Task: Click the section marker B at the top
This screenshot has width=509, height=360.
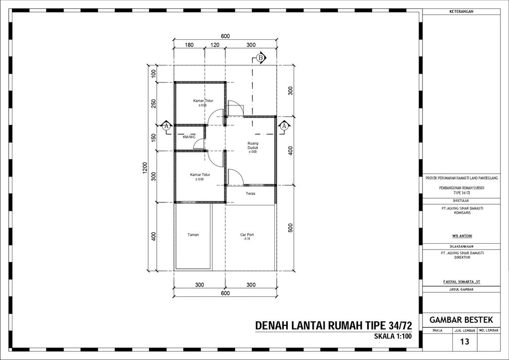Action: click(x=260, y=58)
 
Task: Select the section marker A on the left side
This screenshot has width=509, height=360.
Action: click(x=167, y=126)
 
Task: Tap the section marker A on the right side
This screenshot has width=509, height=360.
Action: click(x=284, y=126)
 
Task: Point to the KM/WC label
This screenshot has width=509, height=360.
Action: click(x=189, y=137)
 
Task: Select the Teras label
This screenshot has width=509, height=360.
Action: click(x=250, y=193)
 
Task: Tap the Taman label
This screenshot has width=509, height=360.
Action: click(x=193, y=234)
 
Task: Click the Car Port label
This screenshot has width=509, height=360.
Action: click(x=247, y=234)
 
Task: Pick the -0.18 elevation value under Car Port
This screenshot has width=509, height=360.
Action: click(x=247, y=239)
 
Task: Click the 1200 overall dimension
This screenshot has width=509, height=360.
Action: click(x=145, y=168)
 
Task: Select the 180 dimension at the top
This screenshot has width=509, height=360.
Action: click(x=189, y=45)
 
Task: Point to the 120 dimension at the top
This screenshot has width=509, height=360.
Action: click(x=215, y=45)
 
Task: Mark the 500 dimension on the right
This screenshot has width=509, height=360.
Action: click(x=290, y=227)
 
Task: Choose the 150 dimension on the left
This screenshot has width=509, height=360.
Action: click(x=154, y=137)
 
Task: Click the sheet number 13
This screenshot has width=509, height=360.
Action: click(x=465, y=342)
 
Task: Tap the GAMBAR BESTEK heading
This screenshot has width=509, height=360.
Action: click(x=461, y=319)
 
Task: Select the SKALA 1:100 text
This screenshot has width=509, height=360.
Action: click(x=393, y=337)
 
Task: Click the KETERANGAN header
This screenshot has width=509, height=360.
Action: click(x=461, y=11)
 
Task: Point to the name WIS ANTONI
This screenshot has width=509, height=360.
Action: click(x=461, y=236)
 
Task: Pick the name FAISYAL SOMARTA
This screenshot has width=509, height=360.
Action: click(x=461, y=281)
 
